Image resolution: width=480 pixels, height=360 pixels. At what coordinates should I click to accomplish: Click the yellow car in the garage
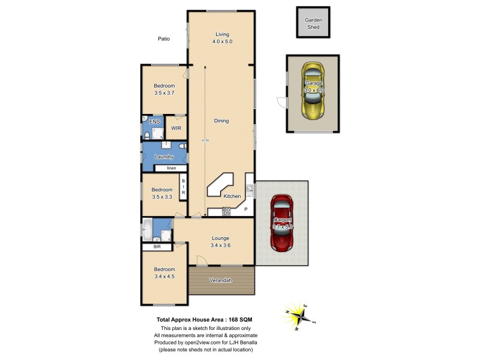tap(314, 91)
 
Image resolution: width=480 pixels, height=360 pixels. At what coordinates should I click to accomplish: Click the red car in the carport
tap(282, 223)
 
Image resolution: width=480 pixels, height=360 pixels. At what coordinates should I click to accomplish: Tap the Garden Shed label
tap(314, 23)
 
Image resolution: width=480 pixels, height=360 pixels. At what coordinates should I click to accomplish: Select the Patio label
tap(164, 39)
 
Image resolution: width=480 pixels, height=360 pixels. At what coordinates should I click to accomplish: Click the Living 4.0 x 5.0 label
tap(221, 38)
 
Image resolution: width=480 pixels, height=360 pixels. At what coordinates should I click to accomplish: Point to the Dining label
tap(221, 121)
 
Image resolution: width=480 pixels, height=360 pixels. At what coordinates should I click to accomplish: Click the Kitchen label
tap(232, 196)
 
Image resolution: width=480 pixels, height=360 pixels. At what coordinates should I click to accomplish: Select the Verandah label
tap(220, 280)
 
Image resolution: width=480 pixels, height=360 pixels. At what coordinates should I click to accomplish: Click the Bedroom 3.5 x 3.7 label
tap(164, 89)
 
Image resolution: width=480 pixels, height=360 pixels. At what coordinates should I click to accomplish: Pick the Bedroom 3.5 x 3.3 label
tap(163, 193)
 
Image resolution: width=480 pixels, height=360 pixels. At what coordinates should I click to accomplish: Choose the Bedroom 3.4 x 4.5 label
tap(164, 273)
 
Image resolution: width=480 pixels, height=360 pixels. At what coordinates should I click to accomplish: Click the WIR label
tap(176, 128)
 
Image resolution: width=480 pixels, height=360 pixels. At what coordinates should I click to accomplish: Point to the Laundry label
tap(164, 157)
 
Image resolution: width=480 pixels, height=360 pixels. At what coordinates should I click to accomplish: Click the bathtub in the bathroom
tap(148, 229)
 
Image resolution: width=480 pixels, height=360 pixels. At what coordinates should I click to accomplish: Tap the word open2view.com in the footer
tap(206, 342)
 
